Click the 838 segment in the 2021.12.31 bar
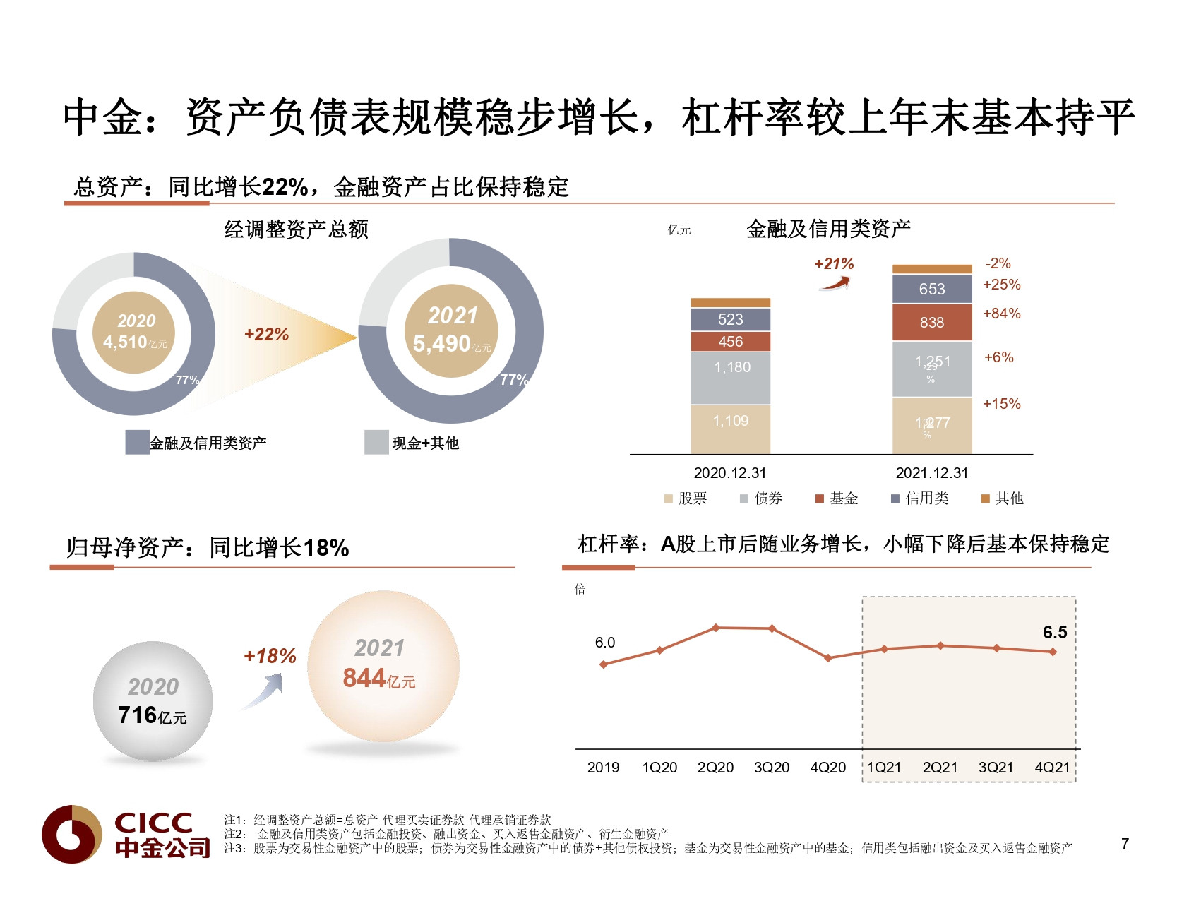click(x=931, y=323)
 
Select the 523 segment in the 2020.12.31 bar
click(x=730, y=319)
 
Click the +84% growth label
click(x=1001, y=314)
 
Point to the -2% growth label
click(x=998, y=263)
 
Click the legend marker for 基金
click(x=820, y=499)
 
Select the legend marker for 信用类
click(x=895, y=499)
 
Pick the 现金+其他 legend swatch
click(x=376, y=443)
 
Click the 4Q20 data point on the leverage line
click(x=828, y=658)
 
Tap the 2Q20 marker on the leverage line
click(x=715, y=628)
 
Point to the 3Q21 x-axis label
click(x=996, y=768)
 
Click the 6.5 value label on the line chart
click(x=1055, y=633)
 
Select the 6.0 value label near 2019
click(x=604, y=643)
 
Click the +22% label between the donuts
click(x=266, y=335)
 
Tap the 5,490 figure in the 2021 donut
click(x=442, y=344)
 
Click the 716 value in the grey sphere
click(x=138, y=715)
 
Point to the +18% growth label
click(x=270, y=657)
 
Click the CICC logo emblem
click(x=71, y=834)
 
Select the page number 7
click(x=1125, y=844)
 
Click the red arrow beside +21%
click(x=835, y=284)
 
